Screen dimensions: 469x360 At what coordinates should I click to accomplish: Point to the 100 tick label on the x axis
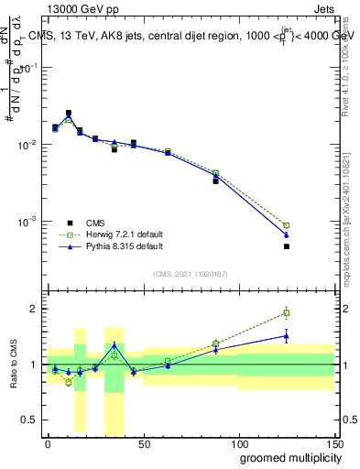(x=239, y=442)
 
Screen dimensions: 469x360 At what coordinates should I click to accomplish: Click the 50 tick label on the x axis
(x=143, y=442)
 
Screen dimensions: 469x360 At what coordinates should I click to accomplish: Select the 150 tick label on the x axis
(x=334, y=442)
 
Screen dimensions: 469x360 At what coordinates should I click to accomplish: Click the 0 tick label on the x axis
(x=48, y=442)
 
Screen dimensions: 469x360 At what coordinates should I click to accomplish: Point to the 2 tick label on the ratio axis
(x=34, y=309)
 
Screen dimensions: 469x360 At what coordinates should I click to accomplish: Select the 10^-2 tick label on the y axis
(x=27, y=145)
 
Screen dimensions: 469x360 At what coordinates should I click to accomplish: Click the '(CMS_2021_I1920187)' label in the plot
(x=190, y=274)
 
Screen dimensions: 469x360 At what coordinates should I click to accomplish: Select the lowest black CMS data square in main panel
(x=287, y=246)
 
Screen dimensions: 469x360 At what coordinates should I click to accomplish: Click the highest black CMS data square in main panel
(x=69, y=114)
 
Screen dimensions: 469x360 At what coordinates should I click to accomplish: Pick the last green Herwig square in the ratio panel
(x=287, y=313)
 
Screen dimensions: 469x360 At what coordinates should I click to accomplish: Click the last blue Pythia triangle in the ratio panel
(x=287, y=336)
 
